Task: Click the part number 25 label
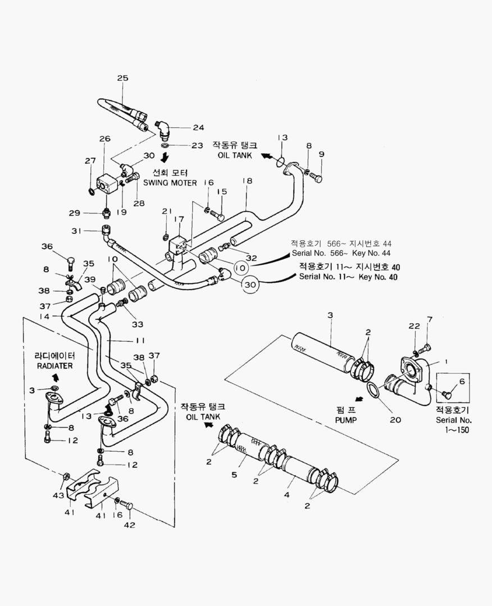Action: click(x=122, y=78)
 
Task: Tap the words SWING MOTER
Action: click(x=170, y=183)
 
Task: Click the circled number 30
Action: click(x=253, y=285)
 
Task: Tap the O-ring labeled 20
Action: click(x=375, y=389)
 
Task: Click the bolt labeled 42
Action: click(x=126, y=505)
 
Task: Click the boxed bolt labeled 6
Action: click(x=447, y=394)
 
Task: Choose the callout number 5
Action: click(x=234, y=474)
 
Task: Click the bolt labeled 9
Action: click(x=316, y=178)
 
